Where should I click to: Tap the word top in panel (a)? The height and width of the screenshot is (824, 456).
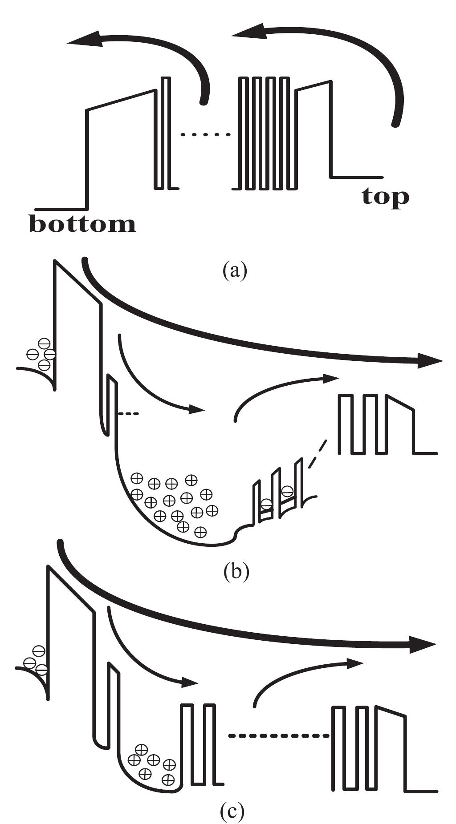[385, 197]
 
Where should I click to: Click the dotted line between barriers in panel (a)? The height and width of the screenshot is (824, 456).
[205, 134]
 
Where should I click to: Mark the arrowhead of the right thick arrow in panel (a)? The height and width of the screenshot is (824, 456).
[250, 32]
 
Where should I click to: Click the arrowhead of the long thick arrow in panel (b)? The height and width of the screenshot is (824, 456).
[430, 361]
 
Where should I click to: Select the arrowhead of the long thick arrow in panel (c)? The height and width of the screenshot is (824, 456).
[423, 646]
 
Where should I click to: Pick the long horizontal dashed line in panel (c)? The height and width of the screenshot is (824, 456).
[279, 736]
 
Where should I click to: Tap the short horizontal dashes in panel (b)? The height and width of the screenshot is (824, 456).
[129, 414]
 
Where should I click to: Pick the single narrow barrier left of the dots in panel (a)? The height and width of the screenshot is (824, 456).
[165, 133]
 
